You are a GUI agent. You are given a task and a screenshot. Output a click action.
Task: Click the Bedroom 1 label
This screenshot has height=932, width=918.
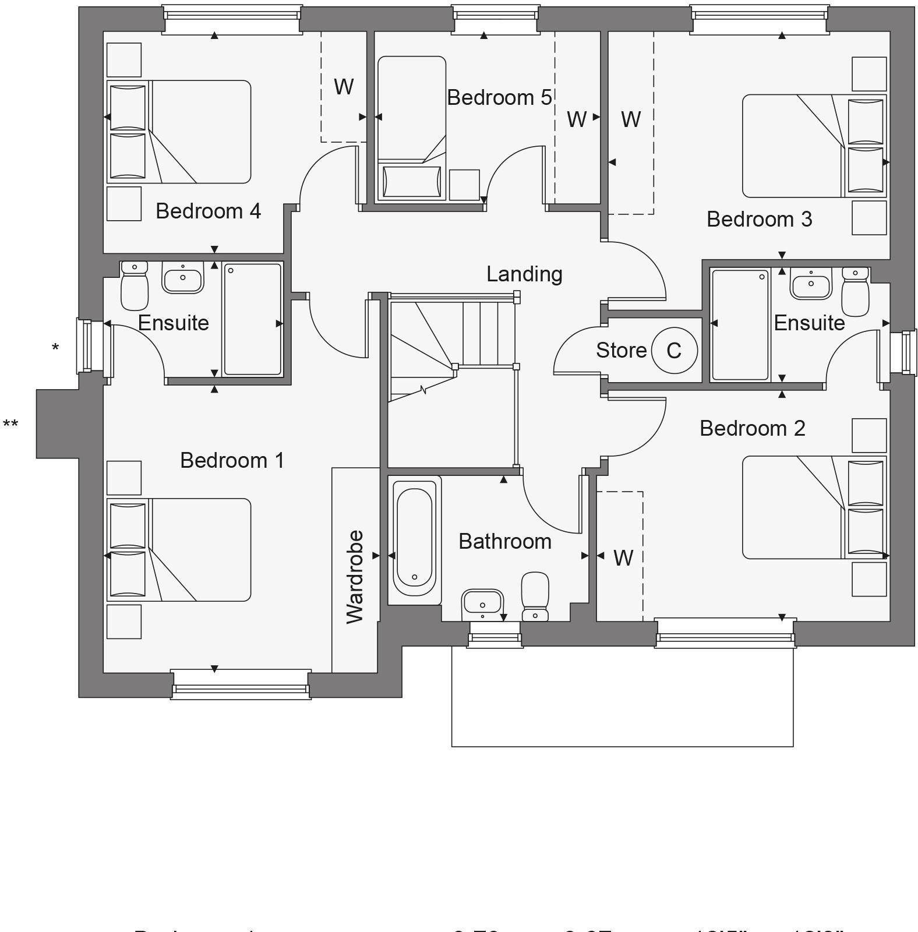tap(232, 460)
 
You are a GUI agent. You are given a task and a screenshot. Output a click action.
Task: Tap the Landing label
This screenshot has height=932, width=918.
tap(524, 274)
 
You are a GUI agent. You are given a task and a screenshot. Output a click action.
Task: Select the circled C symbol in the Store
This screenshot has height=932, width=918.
tap(674, 351)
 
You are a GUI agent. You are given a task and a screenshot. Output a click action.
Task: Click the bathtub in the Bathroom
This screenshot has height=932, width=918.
tap(414, 539)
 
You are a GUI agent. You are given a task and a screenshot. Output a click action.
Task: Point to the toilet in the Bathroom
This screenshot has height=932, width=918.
tap(535, 595)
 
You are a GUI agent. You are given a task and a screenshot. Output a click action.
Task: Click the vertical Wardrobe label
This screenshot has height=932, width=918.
tap(355, 577)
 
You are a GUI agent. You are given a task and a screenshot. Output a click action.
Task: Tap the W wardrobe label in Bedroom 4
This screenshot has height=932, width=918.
tap(344, 87)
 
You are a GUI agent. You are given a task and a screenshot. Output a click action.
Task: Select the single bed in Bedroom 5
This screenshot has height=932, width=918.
tap(411, 128)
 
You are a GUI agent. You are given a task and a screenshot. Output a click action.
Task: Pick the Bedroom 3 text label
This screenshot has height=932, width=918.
tap(759, 220)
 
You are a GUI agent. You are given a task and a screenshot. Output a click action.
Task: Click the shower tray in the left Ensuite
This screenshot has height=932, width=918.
tap(252, 319)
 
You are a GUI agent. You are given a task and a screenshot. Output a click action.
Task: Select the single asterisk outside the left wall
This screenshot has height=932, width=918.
tap(55, 348)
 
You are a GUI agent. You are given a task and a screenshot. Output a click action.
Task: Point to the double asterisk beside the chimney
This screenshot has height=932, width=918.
tap(10, 424)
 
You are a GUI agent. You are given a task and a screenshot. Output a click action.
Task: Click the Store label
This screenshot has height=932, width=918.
tap(621, 351)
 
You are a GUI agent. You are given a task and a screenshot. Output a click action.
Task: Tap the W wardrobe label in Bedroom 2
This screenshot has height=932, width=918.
tap(623, 558)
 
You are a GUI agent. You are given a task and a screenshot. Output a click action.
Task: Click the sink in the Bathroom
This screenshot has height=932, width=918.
tap(482, 603)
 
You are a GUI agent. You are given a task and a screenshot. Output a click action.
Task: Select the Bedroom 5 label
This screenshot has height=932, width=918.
tap(499, 97)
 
